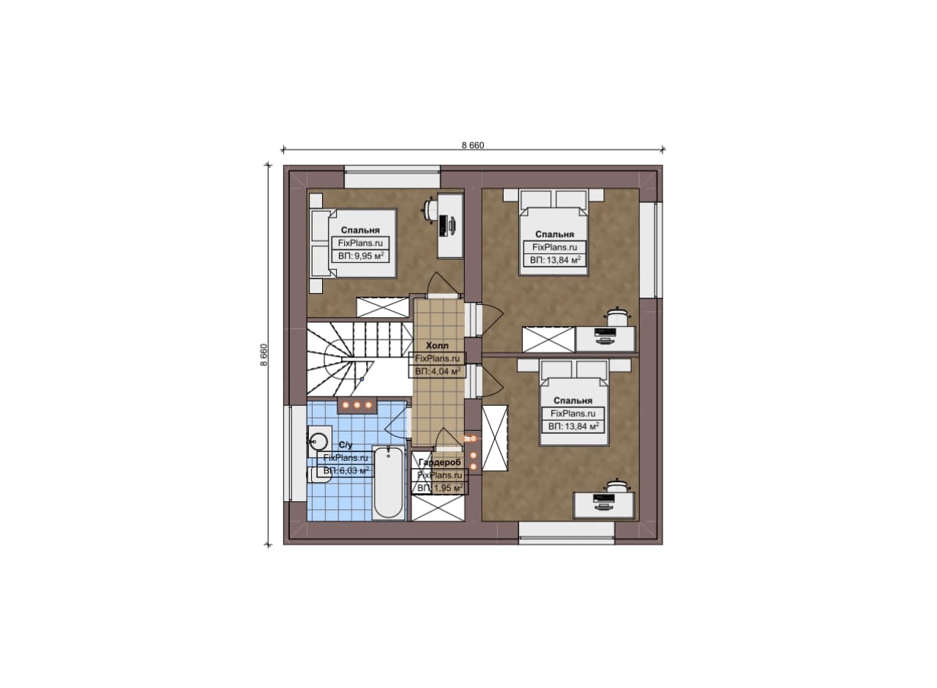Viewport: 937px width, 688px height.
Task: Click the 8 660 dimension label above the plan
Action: [x=473, y=145]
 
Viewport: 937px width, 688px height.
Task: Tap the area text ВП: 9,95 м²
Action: [x=361, y=256]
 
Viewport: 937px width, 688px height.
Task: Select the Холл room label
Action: [x=437, y=346]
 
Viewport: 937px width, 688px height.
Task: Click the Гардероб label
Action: [x=440, y=462]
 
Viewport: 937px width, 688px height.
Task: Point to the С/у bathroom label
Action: [x=346, y=445]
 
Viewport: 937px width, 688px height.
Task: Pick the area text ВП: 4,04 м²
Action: [x=438, y=371]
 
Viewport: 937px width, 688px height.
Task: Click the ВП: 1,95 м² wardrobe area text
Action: [x=440, y=488]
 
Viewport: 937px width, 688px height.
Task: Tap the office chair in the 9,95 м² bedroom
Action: [x=429, y=208]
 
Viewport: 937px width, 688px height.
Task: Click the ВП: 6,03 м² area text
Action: [x=346, y=470]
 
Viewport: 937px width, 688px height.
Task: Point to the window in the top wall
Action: [x=392, y=177]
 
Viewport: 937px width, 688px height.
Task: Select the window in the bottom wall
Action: [x=567, y=533]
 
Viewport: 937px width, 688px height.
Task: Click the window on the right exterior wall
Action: [x=651, y=250]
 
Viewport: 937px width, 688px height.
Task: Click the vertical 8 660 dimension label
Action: [x=264, y=355]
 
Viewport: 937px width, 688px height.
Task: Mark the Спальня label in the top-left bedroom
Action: [x=360, y=230]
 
